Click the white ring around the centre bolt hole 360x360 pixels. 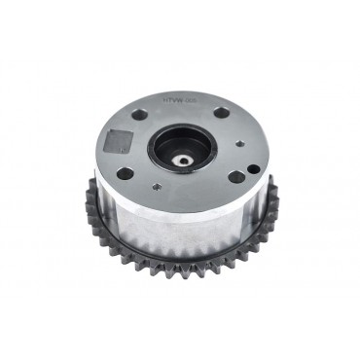[182, 156]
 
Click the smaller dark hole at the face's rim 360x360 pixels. [253, 168]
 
